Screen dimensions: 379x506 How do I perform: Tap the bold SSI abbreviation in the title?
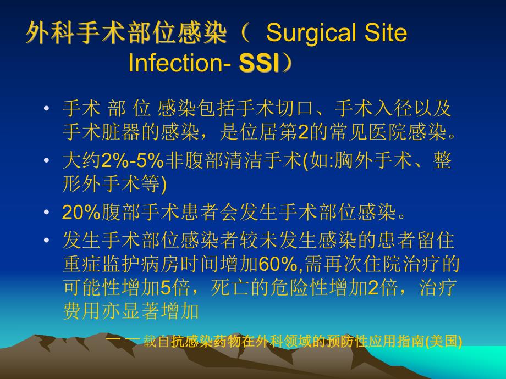[259, 64]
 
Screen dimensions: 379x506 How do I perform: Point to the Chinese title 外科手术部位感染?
[126, 34]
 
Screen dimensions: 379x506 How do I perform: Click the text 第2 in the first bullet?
[284, 131]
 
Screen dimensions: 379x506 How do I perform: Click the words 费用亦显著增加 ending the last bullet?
[130, 311]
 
